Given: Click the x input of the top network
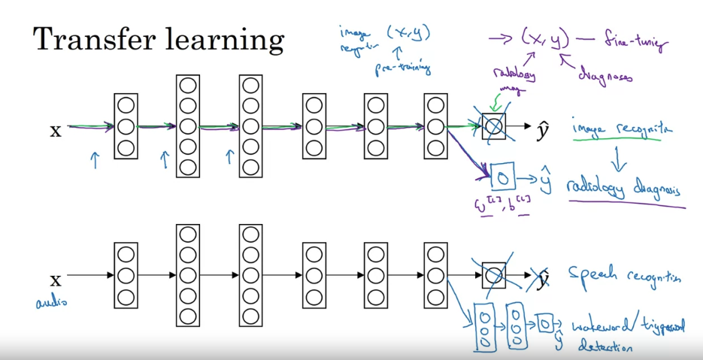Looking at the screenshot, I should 55,131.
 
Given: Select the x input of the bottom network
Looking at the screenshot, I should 55,280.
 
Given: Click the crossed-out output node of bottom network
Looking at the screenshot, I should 493,275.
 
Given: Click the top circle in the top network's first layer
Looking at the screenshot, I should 126,105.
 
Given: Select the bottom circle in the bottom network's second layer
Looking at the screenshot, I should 189,316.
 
